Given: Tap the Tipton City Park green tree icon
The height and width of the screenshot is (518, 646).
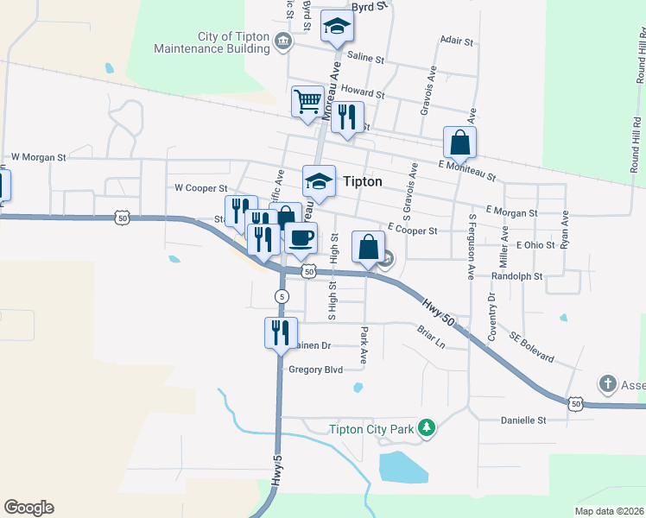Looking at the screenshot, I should tap(425, 427).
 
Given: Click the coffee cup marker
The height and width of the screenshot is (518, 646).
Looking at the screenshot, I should tap(301, 237).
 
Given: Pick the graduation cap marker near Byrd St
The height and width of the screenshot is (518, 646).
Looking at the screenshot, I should tap(337, 27).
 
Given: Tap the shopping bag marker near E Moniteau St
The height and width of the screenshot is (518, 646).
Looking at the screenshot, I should tap(460, 142).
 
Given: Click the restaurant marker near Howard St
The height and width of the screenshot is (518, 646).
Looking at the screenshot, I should tap(347, 117).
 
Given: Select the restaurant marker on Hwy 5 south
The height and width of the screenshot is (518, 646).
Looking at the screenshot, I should tap(281, 332).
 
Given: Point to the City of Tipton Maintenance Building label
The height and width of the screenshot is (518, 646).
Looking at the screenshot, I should tap(211, 42).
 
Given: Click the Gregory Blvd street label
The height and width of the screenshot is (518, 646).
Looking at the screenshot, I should tap(315, 370).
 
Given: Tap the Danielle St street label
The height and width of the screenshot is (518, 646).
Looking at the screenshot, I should tap(524, 420).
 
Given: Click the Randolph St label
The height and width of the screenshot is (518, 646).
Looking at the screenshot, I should tap(516, 277).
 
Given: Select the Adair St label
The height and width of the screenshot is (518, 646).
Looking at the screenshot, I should tap(457, 41).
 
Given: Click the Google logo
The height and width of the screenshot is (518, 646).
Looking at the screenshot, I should tap(28, 508).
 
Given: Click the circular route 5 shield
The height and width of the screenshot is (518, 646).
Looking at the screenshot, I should tap(282, 296).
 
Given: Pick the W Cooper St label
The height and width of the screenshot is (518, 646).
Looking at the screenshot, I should tap(200, 187).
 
